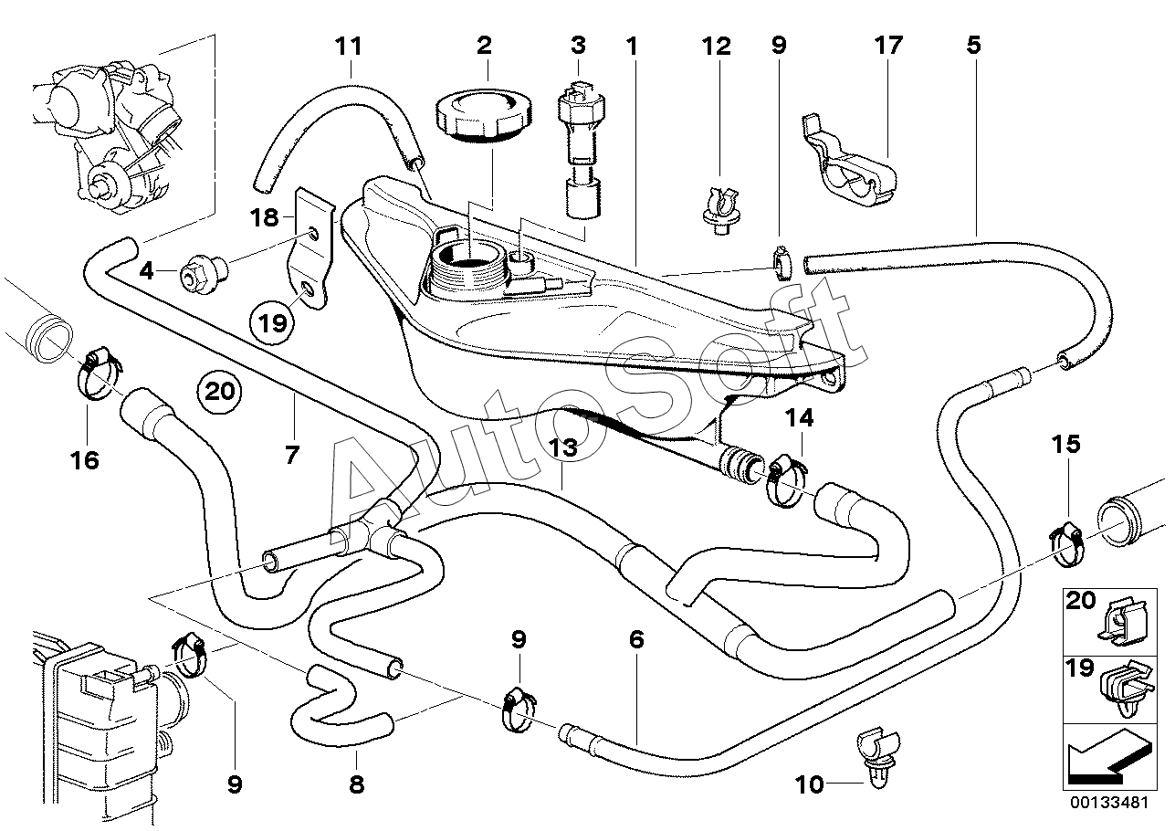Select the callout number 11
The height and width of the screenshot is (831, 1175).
(x=349, y=47)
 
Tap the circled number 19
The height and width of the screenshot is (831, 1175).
(x=272, y=322)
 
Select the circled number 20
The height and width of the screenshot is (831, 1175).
(x=219, y=391)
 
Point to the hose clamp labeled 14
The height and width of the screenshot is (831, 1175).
(x=787, y=480)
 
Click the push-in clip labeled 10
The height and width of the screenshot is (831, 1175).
(x=878, y=755)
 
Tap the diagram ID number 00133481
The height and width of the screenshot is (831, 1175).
(x=1109, y=803)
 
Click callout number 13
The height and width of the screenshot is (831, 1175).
(x=562, y=448)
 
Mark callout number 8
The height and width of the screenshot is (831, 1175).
(x=356, y=784)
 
